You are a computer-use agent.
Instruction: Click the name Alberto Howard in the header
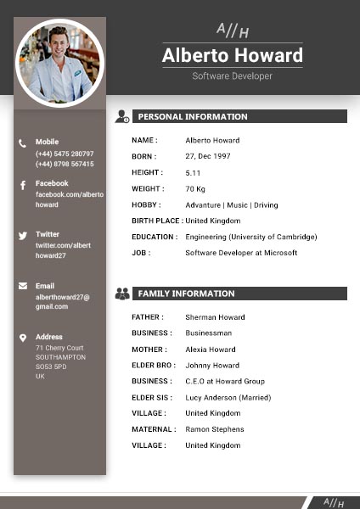point(232,56)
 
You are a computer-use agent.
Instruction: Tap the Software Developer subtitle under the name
point(232,76)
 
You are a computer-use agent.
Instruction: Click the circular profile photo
point(59,62)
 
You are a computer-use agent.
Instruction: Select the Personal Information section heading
point(193,117)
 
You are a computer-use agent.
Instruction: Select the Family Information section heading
point(187,294)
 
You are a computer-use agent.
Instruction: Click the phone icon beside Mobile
point(23,143)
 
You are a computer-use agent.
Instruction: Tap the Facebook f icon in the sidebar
point(23,185)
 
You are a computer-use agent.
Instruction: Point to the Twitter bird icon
point(23,235)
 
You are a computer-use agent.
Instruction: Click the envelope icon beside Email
point(23,286)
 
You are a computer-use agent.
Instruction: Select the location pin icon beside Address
point(23,338)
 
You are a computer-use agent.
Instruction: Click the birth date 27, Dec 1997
point(208,157)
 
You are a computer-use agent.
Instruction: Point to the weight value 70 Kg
point(195,188)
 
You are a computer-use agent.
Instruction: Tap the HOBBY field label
point(146,204)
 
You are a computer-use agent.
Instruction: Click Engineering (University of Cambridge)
point(250,237)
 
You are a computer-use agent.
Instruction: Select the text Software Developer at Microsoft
point(241,253)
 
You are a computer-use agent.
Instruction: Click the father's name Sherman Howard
point(215,317)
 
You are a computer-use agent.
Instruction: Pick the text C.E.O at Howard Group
point(225,381)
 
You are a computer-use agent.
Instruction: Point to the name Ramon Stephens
point(214,429)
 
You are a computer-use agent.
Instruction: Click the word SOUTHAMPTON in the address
point(60,357)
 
